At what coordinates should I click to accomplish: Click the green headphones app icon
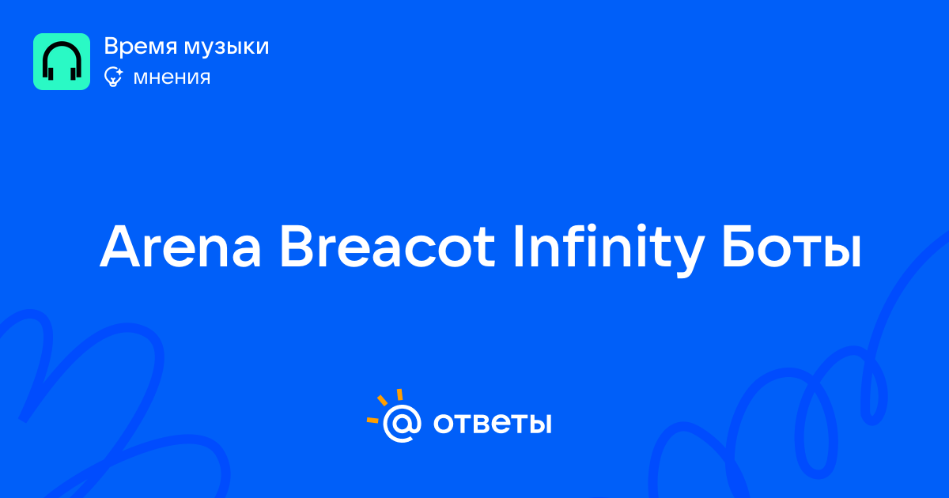click(x=62, y=62)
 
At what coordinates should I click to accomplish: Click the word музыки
click(x=227, y=47)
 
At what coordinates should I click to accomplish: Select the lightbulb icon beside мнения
click(x=113, y=77)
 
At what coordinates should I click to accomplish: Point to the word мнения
click(x=172, y=78)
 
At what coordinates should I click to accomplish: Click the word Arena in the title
click(x=180, y=247)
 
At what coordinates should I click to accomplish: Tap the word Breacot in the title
click(x=388, y=247)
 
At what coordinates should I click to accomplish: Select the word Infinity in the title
click(x=609, y=250)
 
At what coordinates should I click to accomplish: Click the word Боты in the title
click(x=792, y=247)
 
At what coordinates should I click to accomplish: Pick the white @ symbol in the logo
click(x=402, y=423)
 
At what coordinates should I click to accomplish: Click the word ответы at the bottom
click(x=492, y=424)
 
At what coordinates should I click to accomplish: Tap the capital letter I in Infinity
click(x=517, y=246)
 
